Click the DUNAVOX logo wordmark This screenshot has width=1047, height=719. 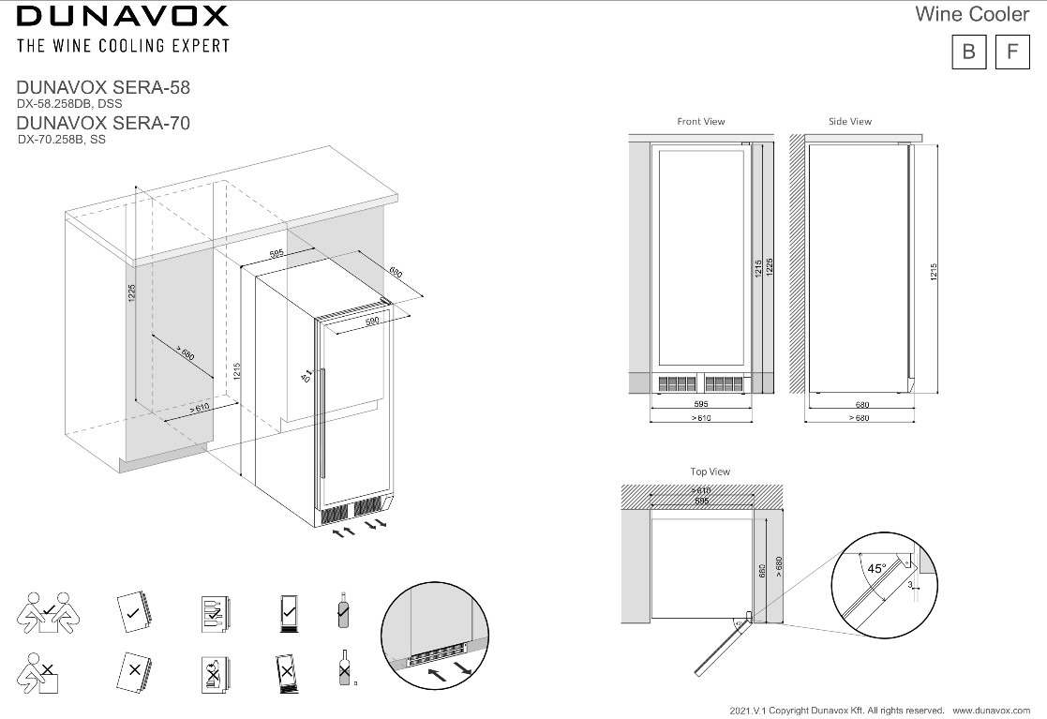coord(122,16)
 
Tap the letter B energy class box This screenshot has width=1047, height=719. coord(968,52)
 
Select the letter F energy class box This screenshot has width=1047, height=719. coord(1011,52)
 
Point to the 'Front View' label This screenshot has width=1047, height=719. coord(701,122)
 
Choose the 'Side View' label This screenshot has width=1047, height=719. coord(850,122)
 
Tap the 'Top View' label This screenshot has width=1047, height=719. coord(710,472)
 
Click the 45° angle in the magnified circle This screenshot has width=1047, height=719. coord(876,568)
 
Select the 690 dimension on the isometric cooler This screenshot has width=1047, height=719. coord(395,274)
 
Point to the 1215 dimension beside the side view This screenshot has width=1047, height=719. coord(934,273)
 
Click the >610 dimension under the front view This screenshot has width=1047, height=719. coord(701,418)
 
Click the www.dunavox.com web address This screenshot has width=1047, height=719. coord(993,710)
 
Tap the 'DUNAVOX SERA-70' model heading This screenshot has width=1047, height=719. coord(104,123)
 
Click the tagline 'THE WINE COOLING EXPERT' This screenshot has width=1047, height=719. coord(122,45)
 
